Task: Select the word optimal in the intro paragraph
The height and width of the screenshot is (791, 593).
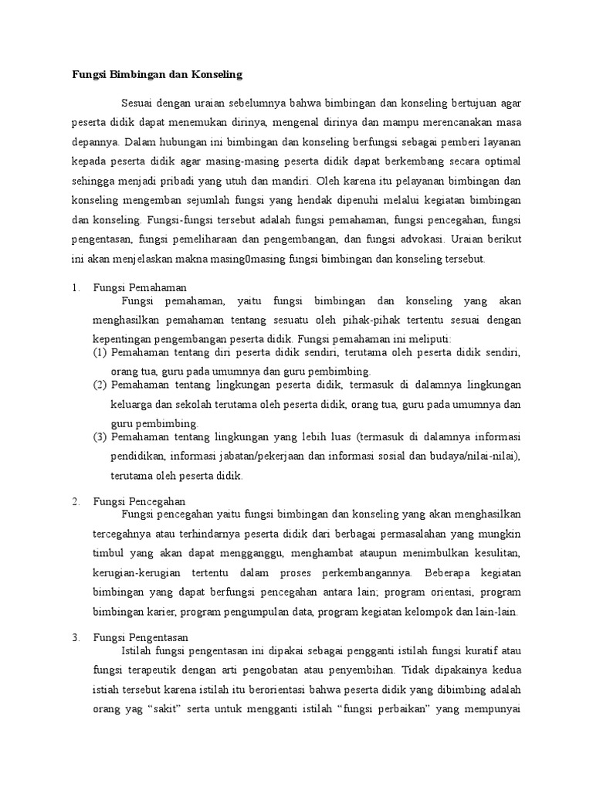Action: click(503, 161)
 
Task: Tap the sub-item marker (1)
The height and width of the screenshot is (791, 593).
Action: click(100, 352)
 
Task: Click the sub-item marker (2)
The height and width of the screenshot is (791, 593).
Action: click(100, 385)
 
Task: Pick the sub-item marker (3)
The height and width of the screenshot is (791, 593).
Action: click(100, 436)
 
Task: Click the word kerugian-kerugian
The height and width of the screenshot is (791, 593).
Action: click(136, 573)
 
